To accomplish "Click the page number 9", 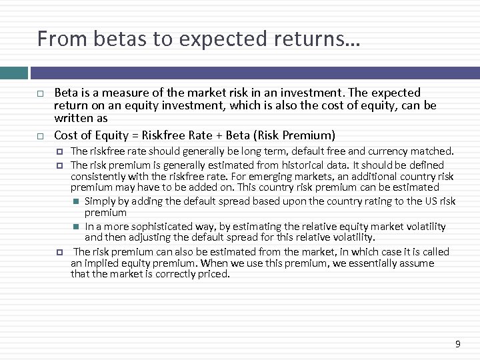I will tap(457, 344).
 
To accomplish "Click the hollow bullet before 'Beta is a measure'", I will tap(40, 93).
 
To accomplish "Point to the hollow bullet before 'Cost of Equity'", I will tap(40, 135).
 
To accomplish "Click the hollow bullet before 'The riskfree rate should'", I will tap(59, 151).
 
